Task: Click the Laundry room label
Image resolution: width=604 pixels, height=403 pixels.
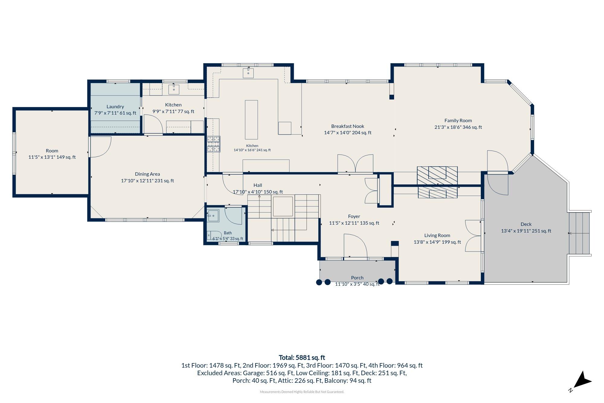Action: pos(115,107)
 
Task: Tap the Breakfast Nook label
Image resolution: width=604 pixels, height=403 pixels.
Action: pos(348,126)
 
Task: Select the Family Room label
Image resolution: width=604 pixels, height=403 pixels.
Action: pos(458,121)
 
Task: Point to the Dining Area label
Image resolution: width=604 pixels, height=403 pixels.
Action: pos(147,174)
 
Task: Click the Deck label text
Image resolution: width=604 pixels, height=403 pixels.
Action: pos(526,224)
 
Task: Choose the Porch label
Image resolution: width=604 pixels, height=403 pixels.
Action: pos(357,278)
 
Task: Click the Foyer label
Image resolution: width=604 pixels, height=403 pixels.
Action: pos(354,216)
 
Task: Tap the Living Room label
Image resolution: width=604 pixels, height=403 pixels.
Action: pos(437,236)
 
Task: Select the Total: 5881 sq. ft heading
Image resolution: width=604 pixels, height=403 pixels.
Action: pos(302,358)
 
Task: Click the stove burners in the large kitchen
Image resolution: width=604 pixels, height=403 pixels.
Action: pos(214,144)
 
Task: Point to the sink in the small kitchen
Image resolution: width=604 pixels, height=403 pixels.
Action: pos(174,89)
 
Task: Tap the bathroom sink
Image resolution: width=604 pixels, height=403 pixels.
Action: pos(213,216)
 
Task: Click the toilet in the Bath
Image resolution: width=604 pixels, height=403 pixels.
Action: pos(210,235)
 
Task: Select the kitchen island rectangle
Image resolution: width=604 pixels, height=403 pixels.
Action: pos(251,120)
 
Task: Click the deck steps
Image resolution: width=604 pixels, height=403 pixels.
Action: pos(579,233)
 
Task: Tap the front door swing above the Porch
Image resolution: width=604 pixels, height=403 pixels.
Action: pos(355,245)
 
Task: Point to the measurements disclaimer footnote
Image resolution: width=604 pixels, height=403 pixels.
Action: pos(302,392)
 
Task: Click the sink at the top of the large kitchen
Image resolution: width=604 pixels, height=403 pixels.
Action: pos(248,73)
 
